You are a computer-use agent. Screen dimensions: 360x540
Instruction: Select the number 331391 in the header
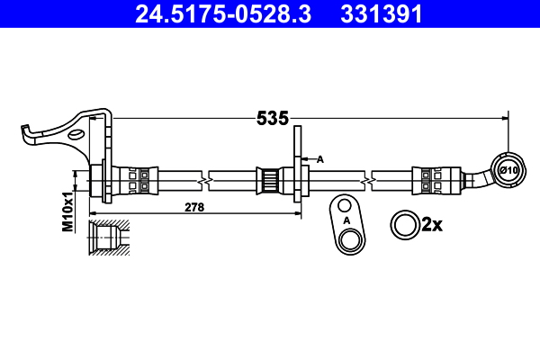click(379, 14)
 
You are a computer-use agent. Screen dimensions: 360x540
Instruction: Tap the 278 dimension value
click(193, 207)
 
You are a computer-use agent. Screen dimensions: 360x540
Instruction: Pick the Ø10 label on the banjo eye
click(508, 171)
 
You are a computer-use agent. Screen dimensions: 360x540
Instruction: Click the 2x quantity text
click(432, 224)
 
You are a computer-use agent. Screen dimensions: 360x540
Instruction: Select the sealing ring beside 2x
click(403, 224)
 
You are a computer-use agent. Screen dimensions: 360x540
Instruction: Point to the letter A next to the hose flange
click(320, 158)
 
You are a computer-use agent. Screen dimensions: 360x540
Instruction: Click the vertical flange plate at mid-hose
click(297, 171)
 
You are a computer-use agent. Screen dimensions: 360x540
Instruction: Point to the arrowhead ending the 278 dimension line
click(298, 213)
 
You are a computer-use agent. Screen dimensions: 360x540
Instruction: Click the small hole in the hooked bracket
click(79, 135)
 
